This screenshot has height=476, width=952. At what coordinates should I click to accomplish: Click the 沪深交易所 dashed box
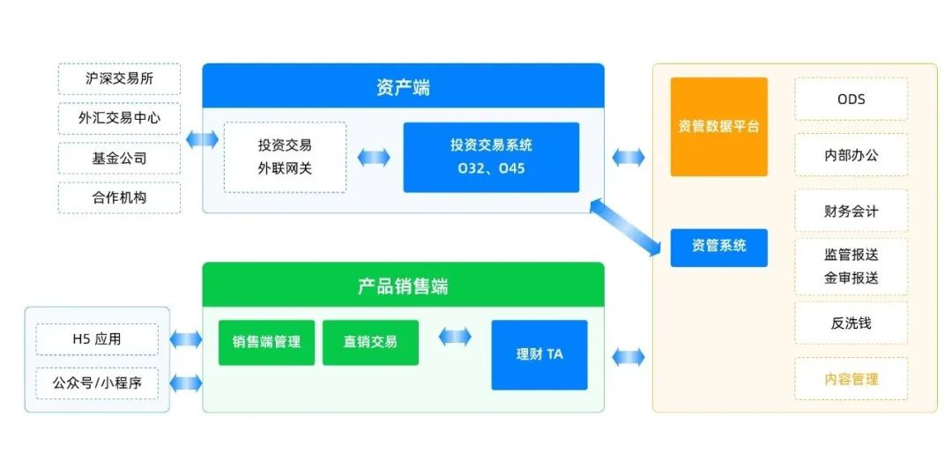click(119, 78)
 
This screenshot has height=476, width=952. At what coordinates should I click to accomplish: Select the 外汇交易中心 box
click(119, 117)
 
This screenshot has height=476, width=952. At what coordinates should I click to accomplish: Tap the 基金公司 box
click(119, 159)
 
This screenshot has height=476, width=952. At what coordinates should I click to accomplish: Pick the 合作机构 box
click(119, 197)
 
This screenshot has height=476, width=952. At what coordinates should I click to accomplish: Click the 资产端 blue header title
click(403, 86)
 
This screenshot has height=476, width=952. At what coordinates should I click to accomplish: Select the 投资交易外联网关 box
click(285, 157)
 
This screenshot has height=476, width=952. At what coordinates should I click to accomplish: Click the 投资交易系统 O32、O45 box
click(491, 157)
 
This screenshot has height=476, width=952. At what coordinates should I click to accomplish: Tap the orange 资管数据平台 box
click(718, 126)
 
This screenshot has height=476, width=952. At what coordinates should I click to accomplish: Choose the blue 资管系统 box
click(718, 247)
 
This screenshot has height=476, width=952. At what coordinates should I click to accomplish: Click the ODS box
click(851, 99)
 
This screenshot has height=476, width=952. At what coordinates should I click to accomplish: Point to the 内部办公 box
click(851, 155)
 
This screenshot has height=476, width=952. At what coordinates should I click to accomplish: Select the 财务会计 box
click(851, 212)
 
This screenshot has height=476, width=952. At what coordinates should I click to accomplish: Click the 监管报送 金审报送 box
click(851, 266)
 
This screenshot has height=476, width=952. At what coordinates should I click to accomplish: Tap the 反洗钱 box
click(851, 323)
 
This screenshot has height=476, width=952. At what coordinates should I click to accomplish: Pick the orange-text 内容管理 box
click(851, 379)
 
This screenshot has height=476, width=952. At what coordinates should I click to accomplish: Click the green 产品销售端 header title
click(403, 286)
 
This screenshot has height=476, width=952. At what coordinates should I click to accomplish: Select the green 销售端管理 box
click(266, 342)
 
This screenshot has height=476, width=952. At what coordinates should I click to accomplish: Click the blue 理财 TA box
click(539, 354)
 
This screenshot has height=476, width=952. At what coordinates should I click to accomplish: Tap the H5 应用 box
click(97, 338)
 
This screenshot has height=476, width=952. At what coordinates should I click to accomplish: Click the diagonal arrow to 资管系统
click(628, 227)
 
